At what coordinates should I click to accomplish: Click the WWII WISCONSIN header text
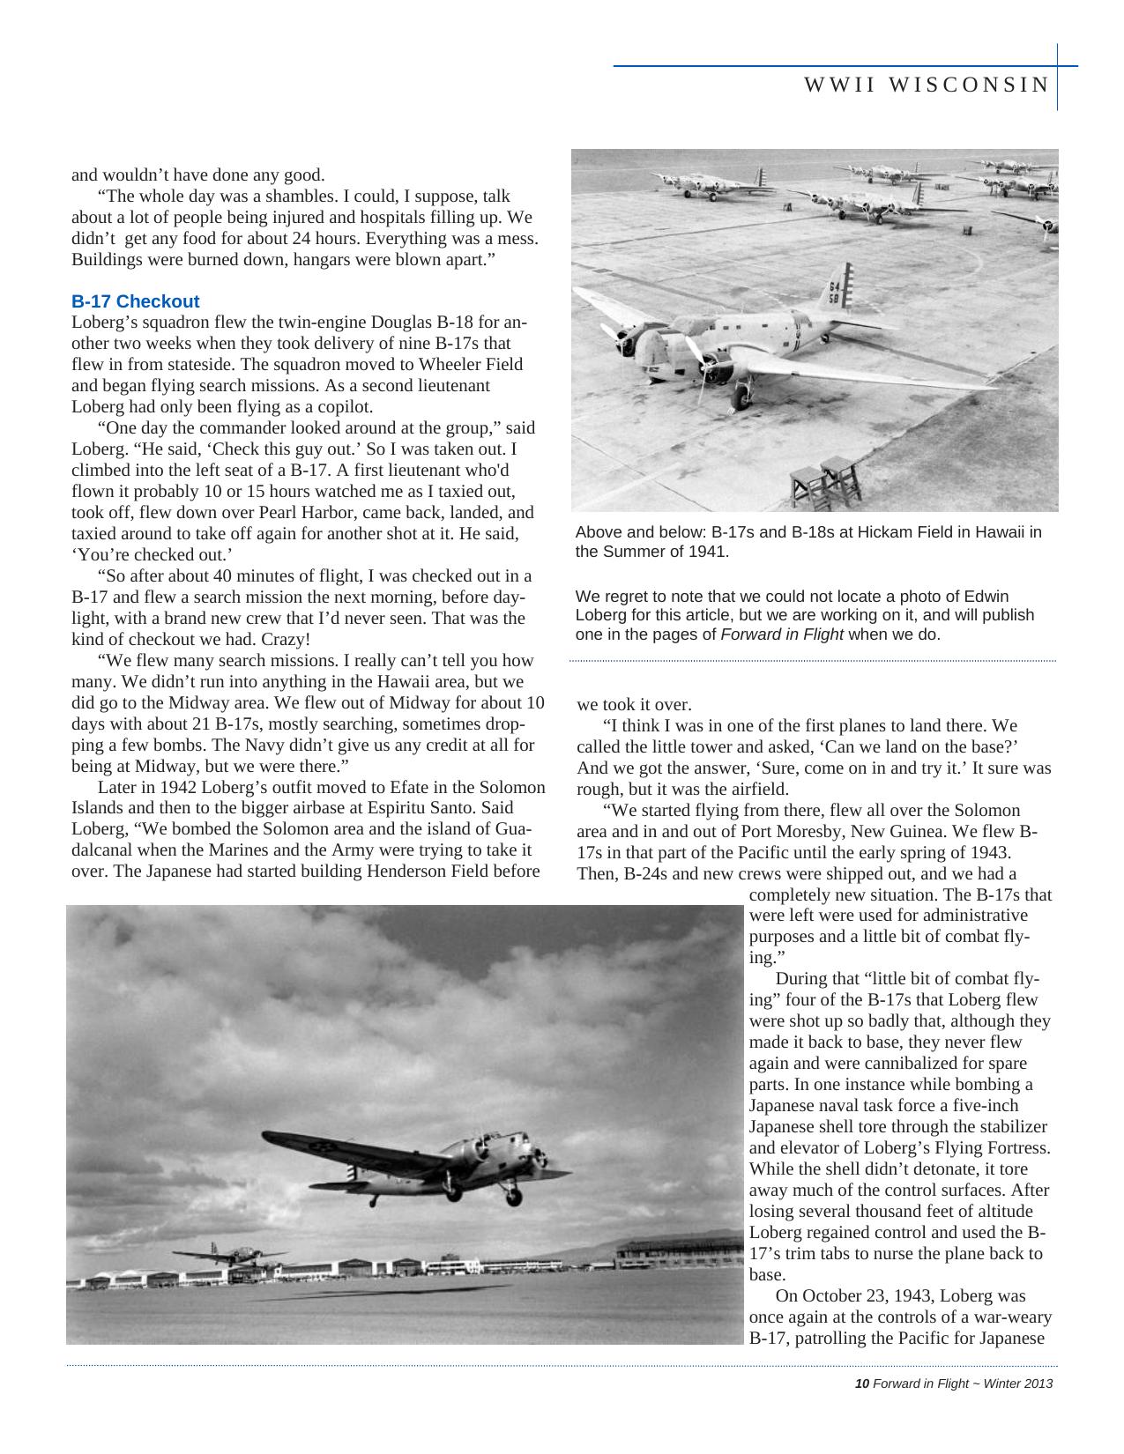click(926, 85)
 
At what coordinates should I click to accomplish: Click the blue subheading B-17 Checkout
click(135, 301)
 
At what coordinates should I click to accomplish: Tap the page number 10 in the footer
click(861, 1384)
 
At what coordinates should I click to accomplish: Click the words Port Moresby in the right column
click(787, 832)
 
